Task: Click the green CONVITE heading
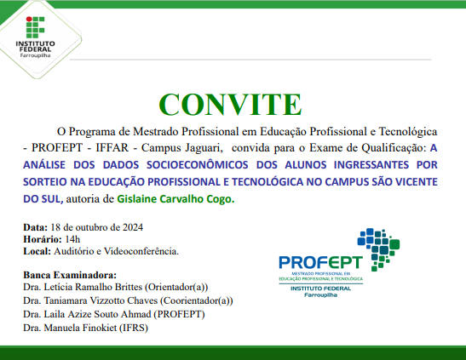pyautogui.click(x=231, y=103)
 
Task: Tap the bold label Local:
pyautogui.click(x=37, y=251)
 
